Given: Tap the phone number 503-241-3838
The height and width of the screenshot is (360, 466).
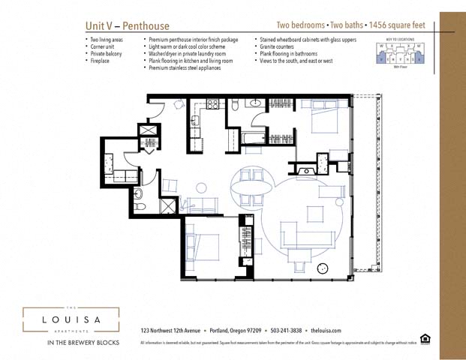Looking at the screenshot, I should pyautogui.click(x=287, y=331).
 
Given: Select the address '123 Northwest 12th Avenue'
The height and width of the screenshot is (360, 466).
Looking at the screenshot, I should pyautogui.click(x=170, y=331).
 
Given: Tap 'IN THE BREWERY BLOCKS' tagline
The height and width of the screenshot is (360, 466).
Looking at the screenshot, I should pyautogui.click(x=71, y=343).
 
